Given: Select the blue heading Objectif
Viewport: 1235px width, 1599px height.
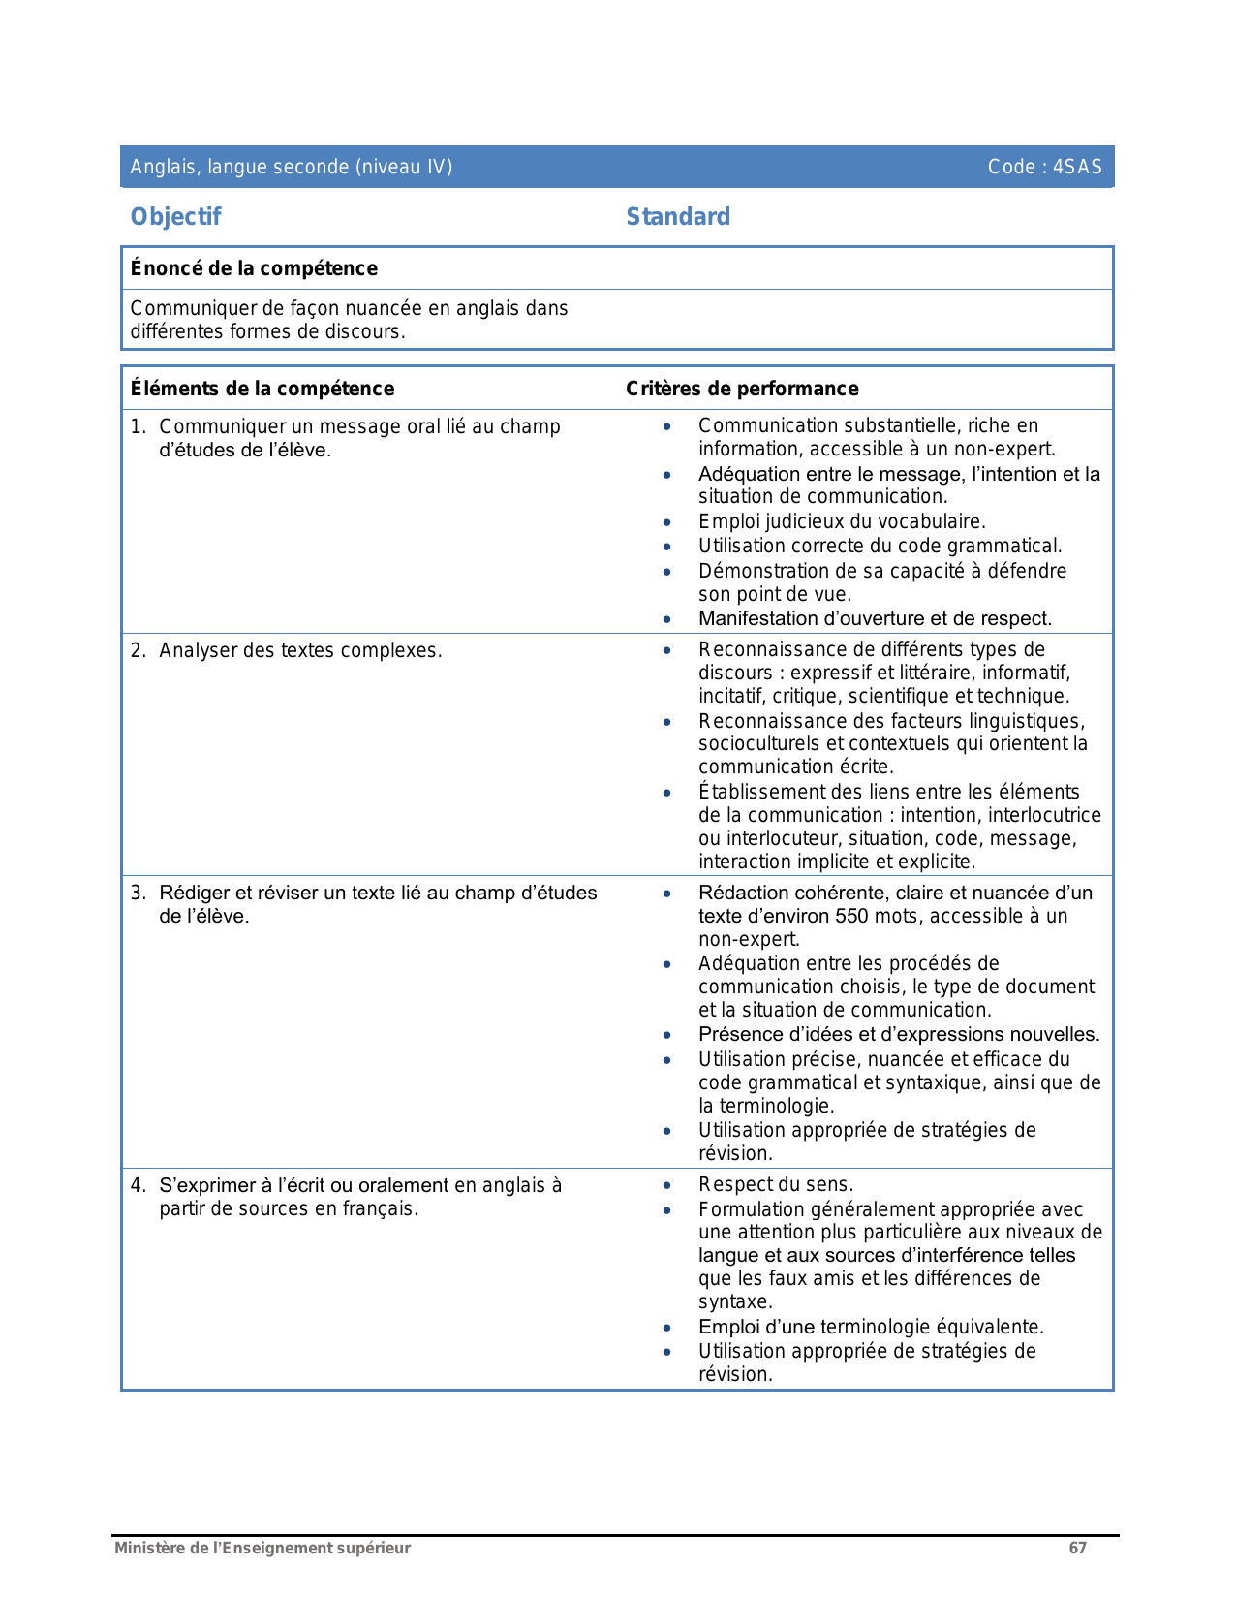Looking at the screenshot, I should (175, 217).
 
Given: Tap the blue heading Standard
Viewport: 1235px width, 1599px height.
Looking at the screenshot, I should (678, 217).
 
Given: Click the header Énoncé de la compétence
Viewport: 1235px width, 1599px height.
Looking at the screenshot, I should (254, 268).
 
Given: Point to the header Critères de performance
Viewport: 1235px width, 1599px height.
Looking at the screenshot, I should (742, 389).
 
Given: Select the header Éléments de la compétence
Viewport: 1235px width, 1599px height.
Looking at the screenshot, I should (262, 389).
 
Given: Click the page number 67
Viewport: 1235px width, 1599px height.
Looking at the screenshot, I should (1077, 1548).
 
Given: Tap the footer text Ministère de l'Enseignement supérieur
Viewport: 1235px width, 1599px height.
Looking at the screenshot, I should (262, 1548).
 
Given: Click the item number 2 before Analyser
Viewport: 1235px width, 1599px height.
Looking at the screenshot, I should (138, 650).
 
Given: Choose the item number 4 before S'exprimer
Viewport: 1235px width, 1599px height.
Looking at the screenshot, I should (138, 1185).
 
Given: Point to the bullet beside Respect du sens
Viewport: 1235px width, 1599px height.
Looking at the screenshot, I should (666, 1185).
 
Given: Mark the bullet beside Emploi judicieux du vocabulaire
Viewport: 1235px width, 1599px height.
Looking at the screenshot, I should (666, 522).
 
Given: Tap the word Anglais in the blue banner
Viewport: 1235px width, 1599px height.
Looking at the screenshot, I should (162, 167).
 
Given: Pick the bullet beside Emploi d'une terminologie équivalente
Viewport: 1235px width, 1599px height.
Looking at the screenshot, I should (666, 1328).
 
